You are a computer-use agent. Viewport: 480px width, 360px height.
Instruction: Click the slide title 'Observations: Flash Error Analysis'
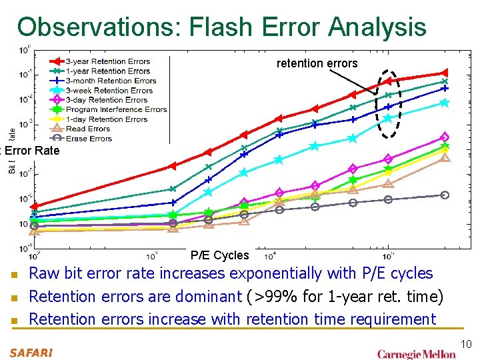[221, 27]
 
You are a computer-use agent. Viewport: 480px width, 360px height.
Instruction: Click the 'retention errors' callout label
[317, 64]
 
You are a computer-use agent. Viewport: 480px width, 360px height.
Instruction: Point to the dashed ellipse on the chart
[389, 103]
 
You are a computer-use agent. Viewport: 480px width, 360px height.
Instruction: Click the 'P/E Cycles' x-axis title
[219, 255]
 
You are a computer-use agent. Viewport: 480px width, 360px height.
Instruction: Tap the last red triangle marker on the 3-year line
[444, 73]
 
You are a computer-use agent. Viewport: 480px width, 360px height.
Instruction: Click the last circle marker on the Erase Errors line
[445, 195]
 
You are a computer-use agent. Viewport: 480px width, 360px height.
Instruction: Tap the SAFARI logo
[31, 352]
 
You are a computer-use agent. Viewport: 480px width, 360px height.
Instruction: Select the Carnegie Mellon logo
[416, 353]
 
